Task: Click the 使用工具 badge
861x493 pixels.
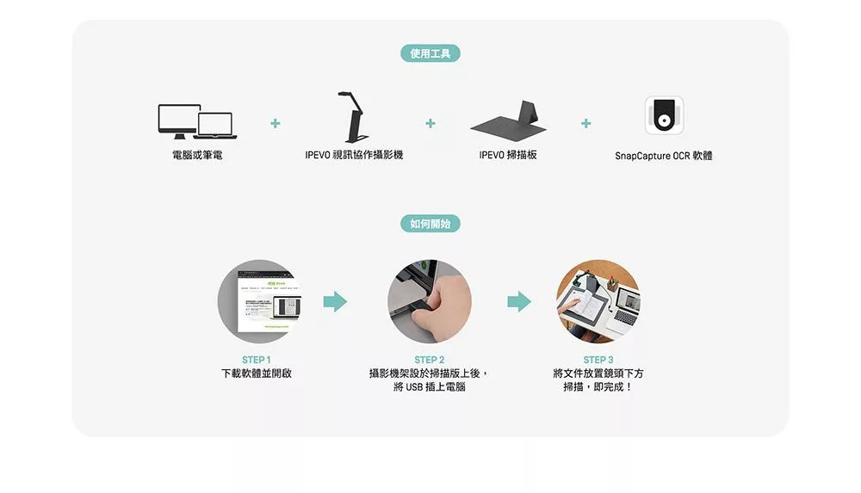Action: pyautogui.click(x=430, y=54)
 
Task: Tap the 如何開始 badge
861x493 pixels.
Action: pyautogui.click(x=430, y=224)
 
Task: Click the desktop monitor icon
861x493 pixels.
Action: pyautogui.click(x=179, y=120)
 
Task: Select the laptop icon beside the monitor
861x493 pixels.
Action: pyautogui.click(x=215, y=126)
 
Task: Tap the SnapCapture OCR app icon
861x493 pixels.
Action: pyautogui.click(x=664, y=115)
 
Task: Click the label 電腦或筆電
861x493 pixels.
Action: pyautogui.click(x=197, y=156)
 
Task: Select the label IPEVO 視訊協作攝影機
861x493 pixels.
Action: pyautogui.click(x=354, y=156)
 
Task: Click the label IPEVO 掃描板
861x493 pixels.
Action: pyautogui.click(x=508, y=156)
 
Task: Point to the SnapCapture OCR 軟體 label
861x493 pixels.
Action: pyautogui.click(x=664, y=156)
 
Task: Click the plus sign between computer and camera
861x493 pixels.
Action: pyautogui.click(x=275, y=124)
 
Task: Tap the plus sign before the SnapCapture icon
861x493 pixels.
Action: pyautogui.click(x=585, y=124)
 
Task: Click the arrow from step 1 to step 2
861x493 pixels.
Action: pyautogui.click(x=335, y=301)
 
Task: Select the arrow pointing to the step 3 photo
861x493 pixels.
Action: pyautogui.click(x=519, y=301)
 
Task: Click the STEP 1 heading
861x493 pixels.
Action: pyautogui.click(x=257, y=360)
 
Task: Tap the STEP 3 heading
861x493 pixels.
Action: pyautogui.click(x=598, y=360)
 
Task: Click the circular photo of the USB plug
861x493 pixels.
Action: pyautogui.click(x=430, y=301)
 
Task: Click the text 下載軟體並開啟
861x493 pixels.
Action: pyautogui.click(x=257, y=373)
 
